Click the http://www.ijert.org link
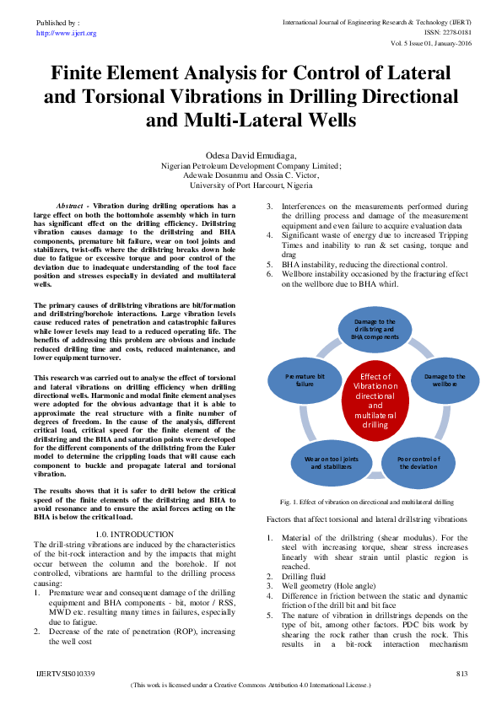pos(67,33)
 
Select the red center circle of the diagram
pos(375,401)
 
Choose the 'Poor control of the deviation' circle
pos(419,461)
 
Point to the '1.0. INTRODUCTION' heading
pos(135,535)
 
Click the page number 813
pos(462,674)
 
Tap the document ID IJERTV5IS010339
pos(66,674)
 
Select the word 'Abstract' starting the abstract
pos(73,206)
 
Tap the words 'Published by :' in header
pos(58,24)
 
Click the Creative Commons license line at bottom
pos(251,686)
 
